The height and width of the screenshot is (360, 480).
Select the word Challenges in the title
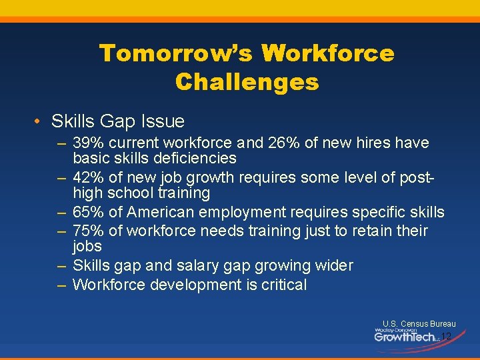pyautogui.click(x=247, y=83)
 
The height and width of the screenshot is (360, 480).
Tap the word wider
pyautogui.click(x=333, y=265)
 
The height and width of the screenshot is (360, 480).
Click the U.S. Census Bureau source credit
pyautogui.click(x=419, y=324)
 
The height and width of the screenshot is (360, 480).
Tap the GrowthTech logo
pyautogui.click(x=405, y=335)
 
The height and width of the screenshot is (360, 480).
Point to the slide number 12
pyautogui.click(x=446, y=337)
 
